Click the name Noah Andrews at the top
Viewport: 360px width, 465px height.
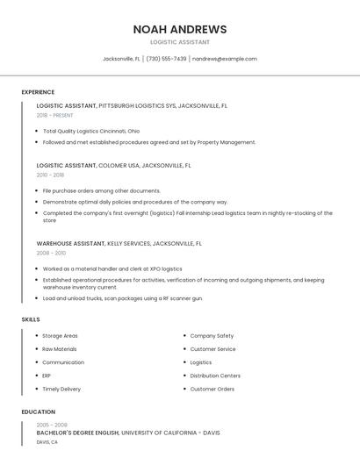[x=180, y=29]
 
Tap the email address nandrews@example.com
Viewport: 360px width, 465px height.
[x=225, y=59]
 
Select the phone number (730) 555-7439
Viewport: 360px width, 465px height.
[x=166, y=59]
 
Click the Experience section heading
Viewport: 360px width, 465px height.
[x=38, y=92]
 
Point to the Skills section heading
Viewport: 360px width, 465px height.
[x=31, y=319]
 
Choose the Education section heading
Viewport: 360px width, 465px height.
[x=39, y=411]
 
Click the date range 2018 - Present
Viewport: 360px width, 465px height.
[x=55, y=115]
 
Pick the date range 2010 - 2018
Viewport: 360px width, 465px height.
[x=50, y=175]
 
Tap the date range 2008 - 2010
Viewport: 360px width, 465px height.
[x=51, y=253]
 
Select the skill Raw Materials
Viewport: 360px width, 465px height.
[x=60, y=349]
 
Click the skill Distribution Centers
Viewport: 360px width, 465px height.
[x=215, y=376]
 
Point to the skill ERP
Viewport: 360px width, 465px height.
[x=47, y=376]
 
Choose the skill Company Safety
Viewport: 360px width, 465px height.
[x=212, y=336]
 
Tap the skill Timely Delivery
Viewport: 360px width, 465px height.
[x=61, y=389]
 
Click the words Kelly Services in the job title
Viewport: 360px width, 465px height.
[x=128, y=243]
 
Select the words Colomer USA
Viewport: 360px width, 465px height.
[x=119, y=165]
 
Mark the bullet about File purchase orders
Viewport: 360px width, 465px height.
[x=102, y=190]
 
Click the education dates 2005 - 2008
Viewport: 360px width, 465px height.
[x=52, y=425]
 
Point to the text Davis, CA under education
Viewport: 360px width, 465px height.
[x=47, y=442]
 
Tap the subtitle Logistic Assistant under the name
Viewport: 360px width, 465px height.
[x=180, y=42]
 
